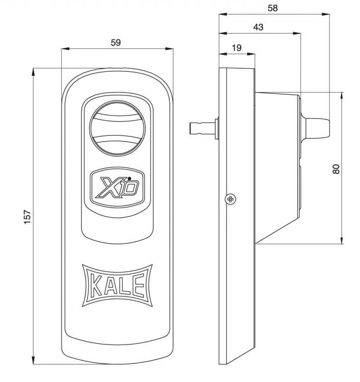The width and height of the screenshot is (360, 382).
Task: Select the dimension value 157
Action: [x=27, y=216]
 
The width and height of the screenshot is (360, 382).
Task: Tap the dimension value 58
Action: [x=272, y=8]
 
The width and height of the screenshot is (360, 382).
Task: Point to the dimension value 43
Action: [x=258, y=27]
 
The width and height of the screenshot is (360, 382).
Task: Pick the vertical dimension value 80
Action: [x=336, y=169]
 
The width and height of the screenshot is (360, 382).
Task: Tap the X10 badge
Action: [x=117, y=185]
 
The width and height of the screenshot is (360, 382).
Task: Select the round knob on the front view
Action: [x=117, y=127]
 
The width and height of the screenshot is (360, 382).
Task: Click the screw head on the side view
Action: [x=231, y=199]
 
